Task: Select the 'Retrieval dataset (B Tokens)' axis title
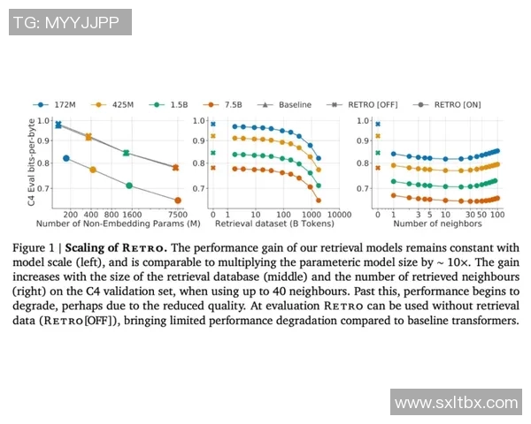268,226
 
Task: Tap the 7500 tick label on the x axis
177,215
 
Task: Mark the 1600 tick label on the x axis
131,215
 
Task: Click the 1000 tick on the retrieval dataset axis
310,215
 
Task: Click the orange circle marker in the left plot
177,201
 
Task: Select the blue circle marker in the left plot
66,158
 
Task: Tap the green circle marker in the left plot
129,185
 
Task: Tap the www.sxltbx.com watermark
456,403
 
